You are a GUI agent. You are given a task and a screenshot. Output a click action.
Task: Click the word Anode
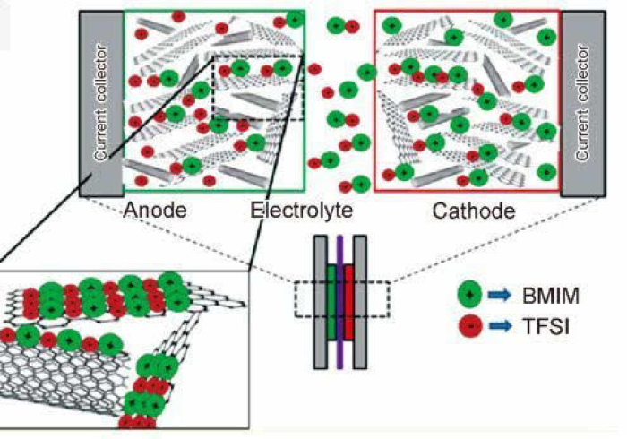pos(154,211)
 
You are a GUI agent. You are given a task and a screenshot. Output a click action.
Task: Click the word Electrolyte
pos(301,211)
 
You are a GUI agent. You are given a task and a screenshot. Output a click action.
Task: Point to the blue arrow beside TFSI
pos(502,330)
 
